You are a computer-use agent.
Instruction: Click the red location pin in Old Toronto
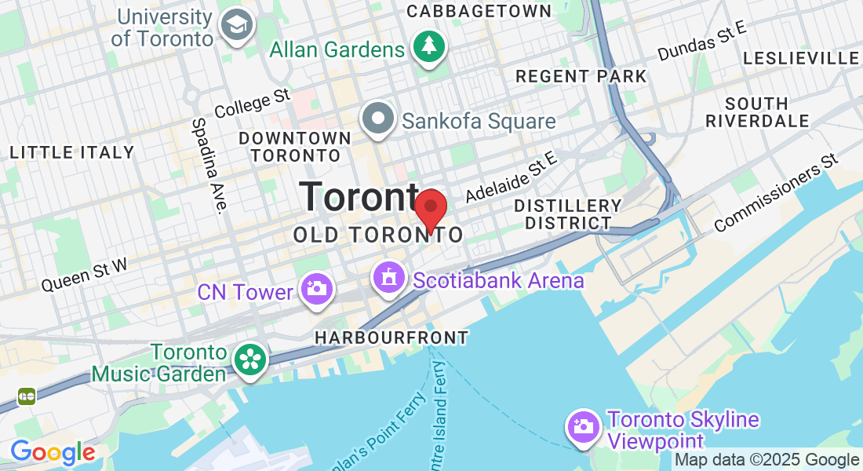click(430, 210)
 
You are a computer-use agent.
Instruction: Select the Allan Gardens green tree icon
click(428, 47)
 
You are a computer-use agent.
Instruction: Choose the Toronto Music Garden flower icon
click(250, 360)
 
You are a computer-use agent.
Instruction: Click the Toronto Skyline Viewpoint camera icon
click(583, 427)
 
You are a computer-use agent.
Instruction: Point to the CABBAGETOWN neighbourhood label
click(479, 11)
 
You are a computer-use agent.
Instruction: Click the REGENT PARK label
click(581, 76)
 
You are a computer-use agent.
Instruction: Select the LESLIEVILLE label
click(800, 58)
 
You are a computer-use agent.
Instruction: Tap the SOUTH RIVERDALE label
click(757, 112)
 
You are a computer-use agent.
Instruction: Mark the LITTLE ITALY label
click(72, 152)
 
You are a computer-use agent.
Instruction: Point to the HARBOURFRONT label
click(391, 338)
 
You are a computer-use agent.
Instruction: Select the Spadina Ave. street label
click(208, 166)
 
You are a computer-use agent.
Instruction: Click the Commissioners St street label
click(777, 192)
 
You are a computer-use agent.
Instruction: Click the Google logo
click(53, 452)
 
